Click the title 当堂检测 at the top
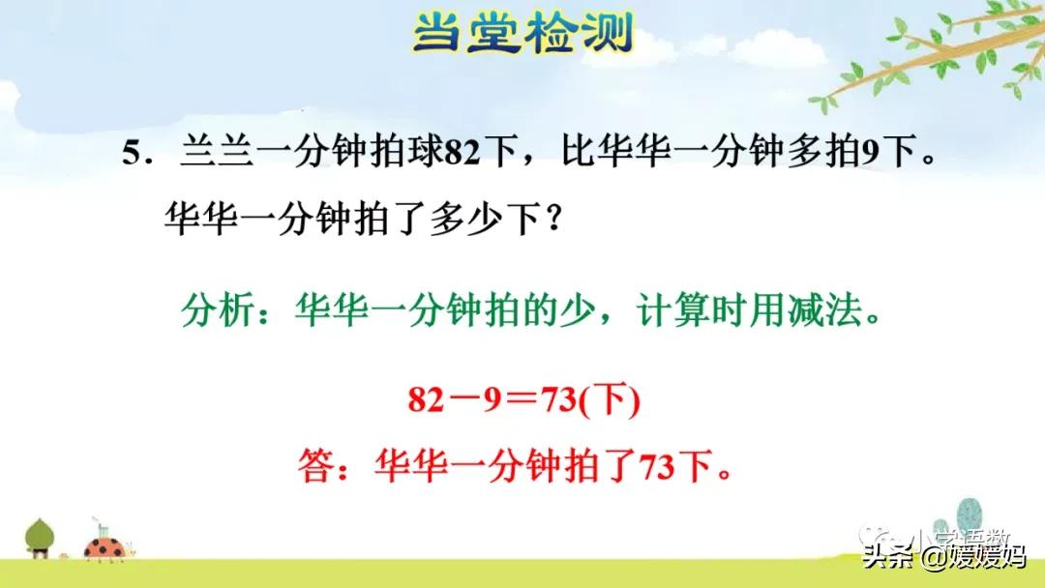pos(522,36)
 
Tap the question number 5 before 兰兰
pos(132,154)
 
